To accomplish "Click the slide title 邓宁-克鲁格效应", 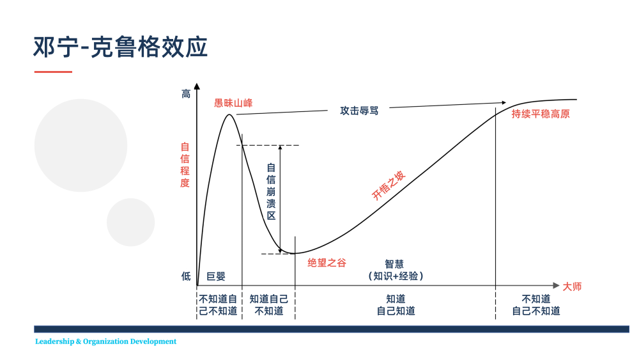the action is tap(120, 47).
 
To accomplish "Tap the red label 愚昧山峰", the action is tap(233, 103).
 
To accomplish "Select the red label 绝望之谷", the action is tap(327, 263).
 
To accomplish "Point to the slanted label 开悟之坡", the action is tap(389, 185).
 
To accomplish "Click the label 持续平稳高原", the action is tap(541, 114).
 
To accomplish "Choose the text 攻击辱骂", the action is tap(359, 111).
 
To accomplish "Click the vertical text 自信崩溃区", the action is tap(271, 192).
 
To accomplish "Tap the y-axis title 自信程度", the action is tap(185, 165).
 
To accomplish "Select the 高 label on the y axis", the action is tap(186, 94).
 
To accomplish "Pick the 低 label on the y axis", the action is tap(186, 276).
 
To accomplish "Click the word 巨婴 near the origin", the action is tap(216, 276).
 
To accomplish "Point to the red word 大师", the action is tap(572, 286).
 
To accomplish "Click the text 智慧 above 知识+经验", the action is tap(394, 264).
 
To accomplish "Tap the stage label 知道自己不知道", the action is tap(269, 305).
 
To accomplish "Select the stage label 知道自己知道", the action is tap(396, 305).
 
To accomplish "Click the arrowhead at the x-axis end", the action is tap(557, 285).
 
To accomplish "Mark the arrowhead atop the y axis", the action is tap(197, 86).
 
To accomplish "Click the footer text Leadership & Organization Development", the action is tap(105, 341).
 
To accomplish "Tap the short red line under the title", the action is tap(53, 72).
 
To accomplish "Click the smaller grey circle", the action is tap(131, 222).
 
